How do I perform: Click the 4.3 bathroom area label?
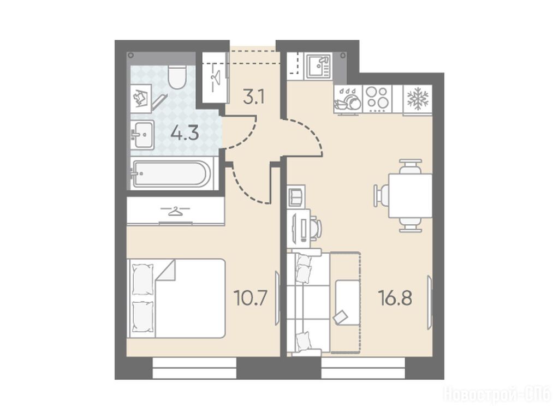pyautogui.click(x=185, y=134)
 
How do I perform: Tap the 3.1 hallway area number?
pyautogui.click(x=253, y=97)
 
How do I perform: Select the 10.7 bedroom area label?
pyautogui.click(x=250, y=298)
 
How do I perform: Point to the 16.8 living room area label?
pyautogui.click(x=396, y=298)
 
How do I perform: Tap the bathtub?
pyautogui.click(x=171, y=173)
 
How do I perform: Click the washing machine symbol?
pyautogui.click(x=141, y=96)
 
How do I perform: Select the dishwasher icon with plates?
pyautogui.click(x=348, y=99)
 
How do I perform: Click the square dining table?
pyautogui.click(x=411, y=196)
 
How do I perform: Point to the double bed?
pyautogui.click(x=176, y=298)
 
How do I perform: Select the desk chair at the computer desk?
pyautogui.click(x=316, y=228)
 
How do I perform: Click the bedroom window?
pyautogui.click(x=194, y=368)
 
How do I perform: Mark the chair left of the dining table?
pyautogui.click(x=381, y=196)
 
